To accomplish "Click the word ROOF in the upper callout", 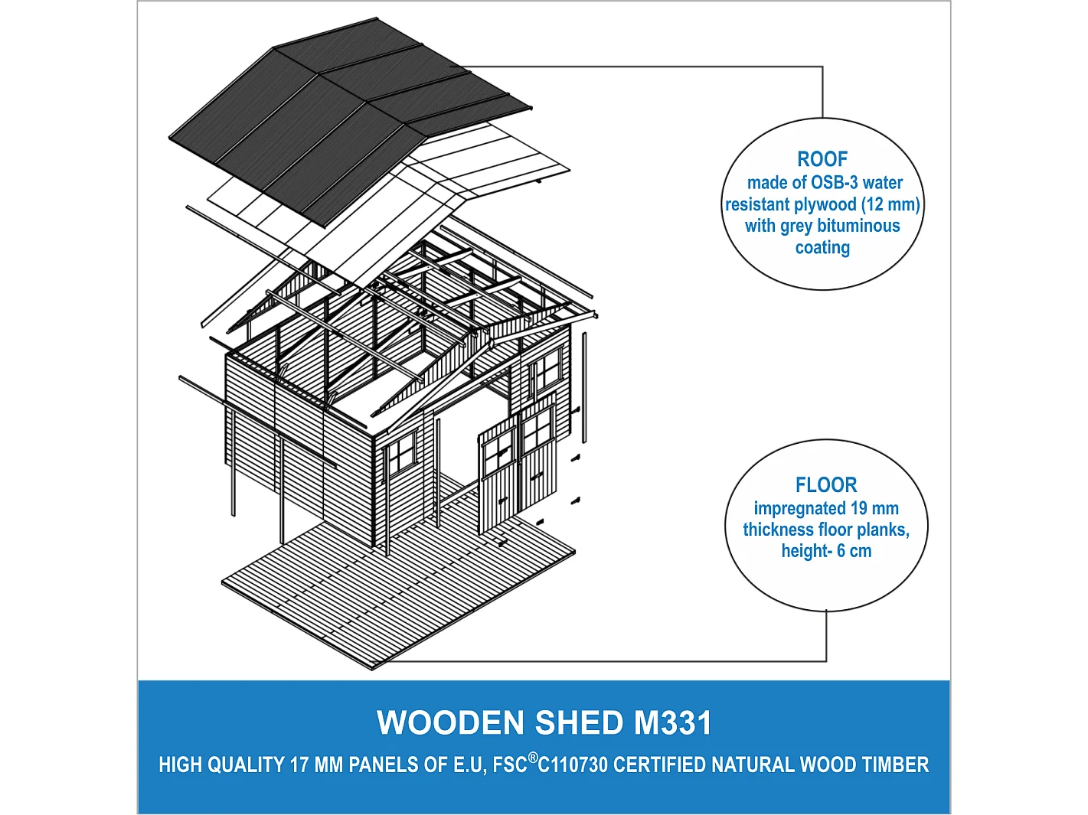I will point(822,159).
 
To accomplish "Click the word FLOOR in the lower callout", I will point(825,485).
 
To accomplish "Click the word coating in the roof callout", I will point(822,247).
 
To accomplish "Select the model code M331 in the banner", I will point(672,723).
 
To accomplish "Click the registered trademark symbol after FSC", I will point(533,758).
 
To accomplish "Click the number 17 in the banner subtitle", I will point(299,765).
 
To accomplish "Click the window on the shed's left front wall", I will point(401,455).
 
